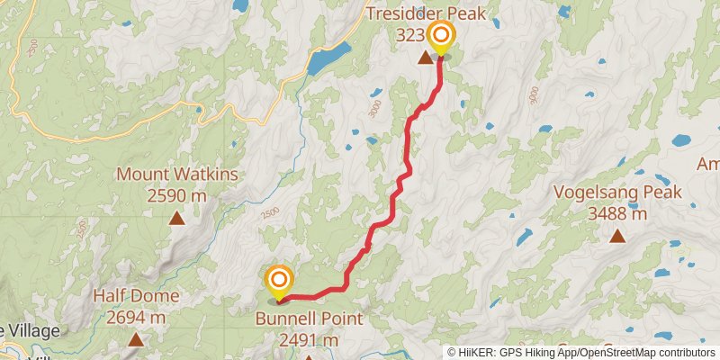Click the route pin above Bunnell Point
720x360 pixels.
[279, 281]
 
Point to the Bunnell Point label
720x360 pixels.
[309, 319]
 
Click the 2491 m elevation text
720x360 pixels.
[309, 340]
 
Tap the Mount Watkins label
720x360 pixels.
[176, 175]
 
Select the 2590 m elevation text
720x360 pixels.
[176, 194]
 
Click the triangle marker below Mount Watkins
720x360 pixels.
[177, 218]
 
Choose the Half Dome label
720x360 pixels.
[136, 296]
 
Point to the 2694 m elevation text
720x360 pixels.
[136, 317]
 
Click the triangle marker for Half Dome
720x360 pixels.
[136, 339]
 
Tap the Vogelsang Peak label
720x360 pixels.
[617, 193]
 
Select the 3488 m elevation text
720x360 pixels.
[617, 213]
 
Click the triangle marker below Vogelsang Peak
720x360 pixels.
[617, 236]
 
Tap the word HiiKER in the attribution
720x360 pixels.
[476, 352]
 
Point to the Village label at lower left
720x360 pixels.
[31, 330]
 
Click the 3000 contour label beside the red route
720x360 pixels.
[373, 108]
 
